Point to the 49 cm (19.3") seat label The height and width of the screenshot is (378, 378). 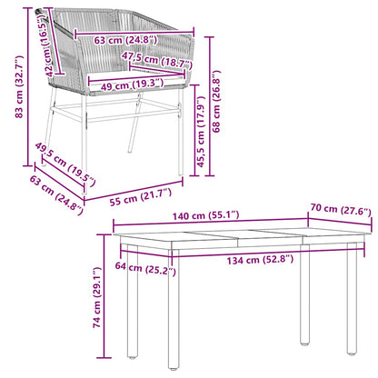[x=133, y=84]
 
